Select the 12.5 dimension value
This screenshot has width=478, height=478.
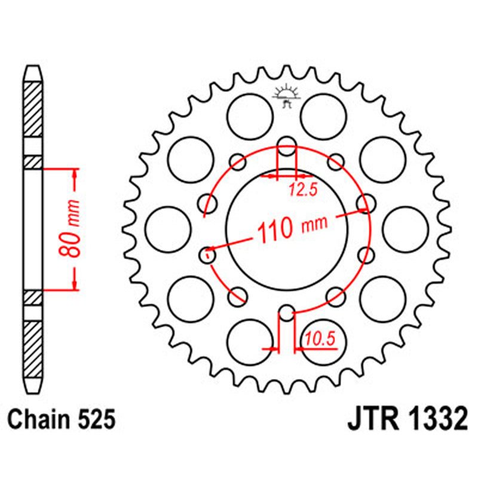pyautogui.click(x=302, y=191)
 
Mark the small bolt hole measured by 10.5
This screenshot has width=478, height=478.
pyautogui.click(x=287, y=312)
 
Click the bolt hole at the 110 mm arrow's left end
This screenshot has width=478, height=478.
pyautogui.click(x=207, y=255)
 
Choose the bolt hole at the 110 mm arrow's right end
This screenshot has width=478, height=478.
pyautogui.click(x=364, y=203)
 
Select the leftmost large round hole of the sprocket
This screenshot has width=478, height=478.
pyautogui.click(x=168, y=229)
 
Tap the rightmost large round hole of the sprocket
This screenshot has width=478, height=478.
pyautogui.click(x=406, y=229)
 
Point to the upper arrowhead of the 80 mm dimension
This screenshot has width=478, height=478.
pyautogui.click(x=75, y=173)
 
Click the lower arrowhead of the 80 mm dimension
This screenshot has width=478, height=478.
pyautogui.click(x=75, y=286)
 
